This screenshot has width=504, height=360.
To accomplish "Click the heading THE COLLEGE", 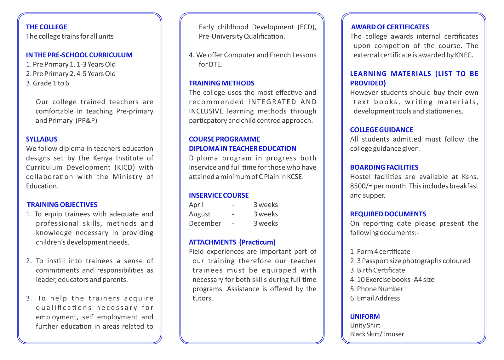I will (47, 27).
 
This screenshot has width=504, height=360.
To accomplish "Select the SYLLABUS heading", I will (42, 139).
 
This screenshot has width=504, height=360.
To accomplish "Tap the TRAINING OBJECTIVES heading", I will (62, 205).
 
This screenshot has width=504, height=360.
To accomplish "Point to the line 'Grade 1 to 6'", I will (48, 83).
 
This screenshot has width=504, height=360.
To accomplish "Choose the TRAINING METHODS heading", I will (221, 83).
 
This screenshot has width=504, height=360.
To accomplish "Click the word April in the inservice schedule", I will (196, 205).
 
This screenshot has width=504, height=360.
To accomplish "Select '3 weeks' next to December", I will (266, 224).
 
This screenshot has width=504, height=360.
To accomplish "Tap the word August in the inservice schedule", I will (199, 214).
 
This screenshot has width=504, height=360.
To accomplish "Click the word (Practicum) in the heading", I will (257, 242).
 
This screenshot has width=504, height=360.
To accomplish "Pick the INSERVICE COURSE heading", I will (219, 195).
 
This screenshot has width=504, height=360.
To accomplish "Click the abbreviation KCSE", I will (295, 177).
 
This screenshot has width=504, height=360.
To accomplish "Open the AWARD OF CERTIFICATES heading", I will (390, 27).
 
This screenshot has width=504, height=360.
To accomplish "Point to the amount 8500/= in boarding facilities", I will (361, 186).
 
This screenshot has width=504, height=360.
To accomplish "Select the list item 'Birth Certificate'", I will (377, 270).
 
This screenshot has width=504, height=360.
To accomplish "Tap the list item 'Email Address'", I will (375, 298).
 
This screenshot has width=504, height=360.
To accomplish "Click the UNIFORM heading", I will (365, 316).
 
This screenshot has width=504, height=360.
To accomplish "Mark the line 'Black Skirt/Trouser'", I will (377, 334).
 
